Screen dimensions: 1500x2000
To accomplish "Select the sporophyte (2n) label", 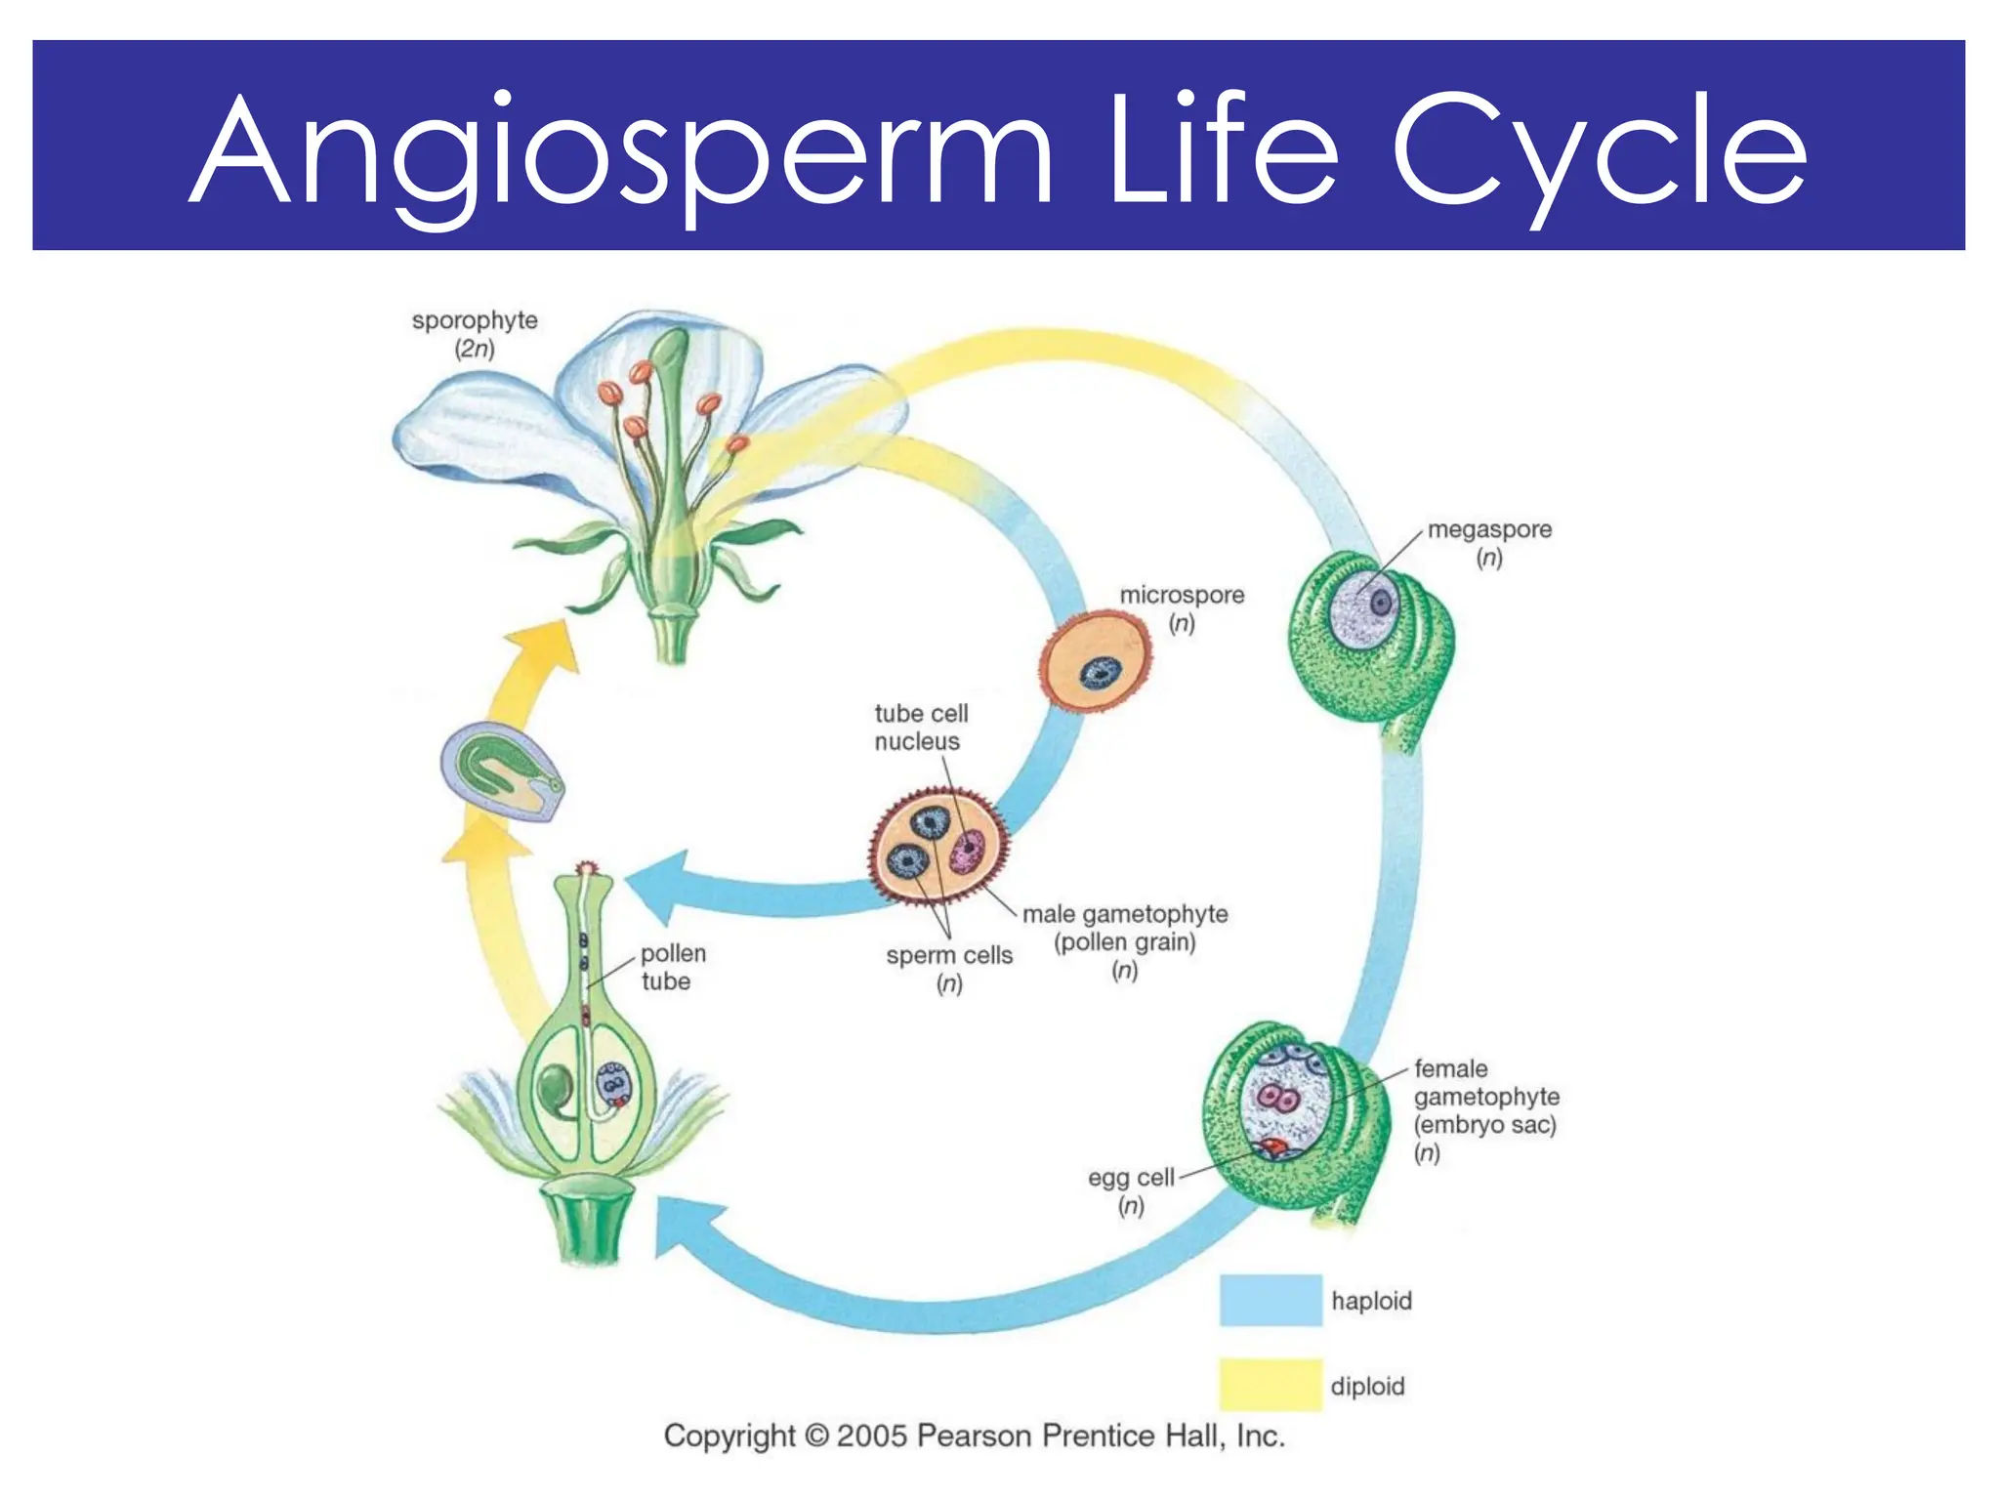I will coord(475,334).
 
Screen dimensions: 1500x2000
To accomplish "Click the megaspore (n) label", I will coord(1488,543).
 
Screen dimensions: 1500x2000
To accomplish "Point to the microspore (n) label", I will coord(1182,608).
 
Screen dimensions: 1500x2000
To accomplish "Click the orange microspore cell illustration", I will coord(1097,662).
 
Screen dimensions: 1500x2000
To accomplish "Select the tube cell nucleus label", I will coord(920,728).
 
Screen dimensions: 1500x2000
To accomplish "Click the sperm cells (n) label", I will coord(949,968).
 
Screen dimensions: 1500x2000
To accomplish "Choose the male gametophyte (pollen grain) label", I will coord(1125,941).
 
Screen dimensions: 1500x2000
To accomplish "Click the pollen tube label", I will coord(672,967).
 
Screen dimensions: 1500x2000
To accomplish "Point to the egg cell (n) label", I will coord(1131,1190).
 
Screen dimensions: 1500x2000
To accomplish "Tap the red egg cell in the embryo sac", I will coord(1273,1146).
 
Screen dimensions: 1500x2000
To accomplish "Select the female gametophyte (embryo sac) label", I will coord(1485,1110).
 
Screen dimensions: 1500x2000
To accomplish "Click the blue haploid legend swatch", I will coord(1270,1300).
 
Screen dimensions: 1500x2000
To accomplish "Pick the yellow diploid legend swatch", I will coord(1270,1385).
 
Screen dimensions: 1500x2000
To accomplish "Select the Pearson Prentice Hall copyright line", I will coord(974,1436).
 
